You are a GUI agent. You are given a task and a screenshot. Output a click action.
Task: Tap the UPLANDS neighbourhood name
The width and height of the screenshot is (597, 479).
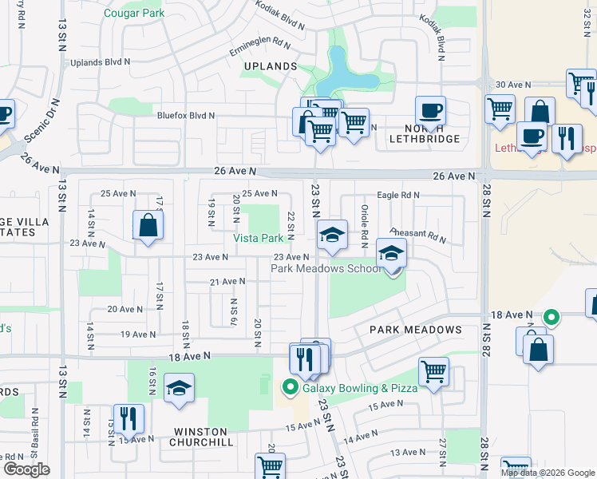[x=270, y=66]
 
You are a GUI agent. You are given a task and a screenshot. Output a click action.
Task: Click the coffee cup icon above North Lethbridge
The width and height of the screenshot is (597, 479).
[x=430, y=111]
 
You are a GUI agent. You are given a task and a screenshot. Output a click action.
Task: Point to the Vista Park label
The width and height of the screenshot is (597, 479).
[x=258, y=239]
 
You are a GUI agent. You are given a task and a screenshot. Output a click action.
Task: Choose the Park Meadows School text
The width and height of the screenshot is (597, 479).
[x=326, y=269]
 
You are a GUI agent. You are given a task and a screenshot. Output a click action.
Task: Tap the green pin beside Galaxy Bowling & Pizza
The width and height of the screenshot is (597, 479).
[x=291, y=389]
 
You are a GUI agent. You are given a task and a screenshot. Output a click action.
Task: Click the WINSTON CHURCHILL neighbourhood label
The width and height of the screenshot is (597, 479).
[x=203, y=441]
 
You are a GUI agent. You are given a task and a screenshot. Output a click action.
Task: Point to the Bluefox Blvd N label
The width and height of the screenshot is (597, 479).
[x=185, y=116]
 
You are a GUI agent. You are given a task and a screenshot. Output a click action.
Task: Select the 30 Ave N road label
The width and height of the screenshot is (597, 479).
[x=512, y=84]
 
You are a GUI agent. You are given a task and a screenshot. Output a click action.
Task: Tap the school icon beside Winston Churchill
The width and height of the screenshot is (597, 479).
[x=179, y=389]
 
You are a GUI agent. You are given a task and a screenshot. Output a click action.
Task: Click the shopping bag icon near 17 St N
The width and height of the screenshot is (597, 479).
[x=148, y=226]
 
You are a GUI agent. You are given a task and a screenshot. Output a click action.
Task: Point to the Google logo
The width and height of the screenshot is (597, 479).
[x=26, y=469]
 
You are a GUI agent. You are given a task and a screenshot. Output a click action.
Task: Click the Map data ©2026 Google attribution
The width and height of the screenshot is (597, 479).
[x=548, y=473]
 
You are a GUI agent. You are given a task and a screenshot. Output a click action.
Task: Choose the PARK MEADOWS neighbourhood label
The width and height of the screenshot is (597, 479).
[x=415, y=330]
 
